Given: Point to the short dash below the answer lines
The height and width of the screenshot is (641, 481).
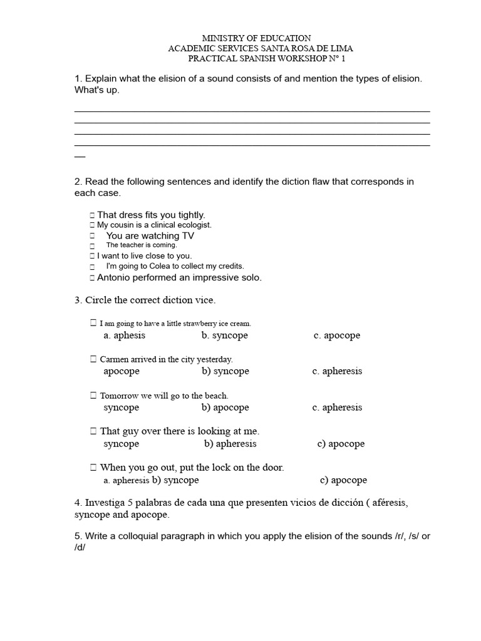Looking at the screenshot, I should [80, 156].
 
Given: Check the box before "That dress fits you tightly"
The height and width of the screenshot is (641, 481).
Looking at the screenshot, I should [92, 215].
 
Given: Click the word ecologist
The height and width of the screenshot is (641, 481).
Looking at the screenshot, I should [194, 225].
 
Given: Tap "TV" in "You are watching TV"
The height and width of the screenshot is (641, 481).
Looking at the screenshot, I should [188, 236].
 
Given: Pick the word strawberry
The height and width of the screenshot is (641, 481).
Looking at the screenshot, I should [192, 324].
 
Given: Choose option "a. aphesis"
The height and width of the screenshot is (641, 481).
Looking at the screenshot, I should [124, 336].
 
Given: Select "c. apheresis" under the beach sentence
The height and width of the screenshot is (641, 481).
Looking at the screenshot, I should [337, 408].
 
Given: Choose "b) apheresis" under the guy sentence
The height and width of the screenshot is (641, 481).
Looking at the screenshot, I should [230, 444].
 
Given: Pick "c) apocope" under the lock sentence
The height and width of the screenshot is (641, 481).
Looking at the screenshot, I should [343, 481].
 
